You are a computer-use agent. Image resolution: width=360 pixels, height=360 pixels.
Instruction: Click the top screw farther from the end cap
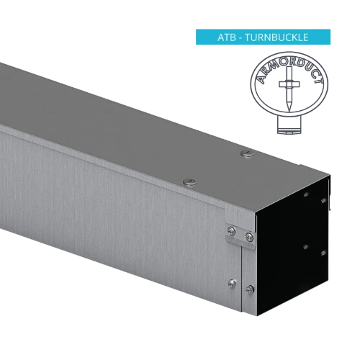(x=189, y=181)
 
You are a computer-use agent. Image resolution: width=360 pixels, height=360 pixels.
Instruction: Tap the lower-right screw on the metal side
(x=250, y=289)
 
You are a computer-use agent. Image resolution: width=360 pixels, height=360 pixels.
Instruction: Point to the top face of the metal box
(x=144, y=115)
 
